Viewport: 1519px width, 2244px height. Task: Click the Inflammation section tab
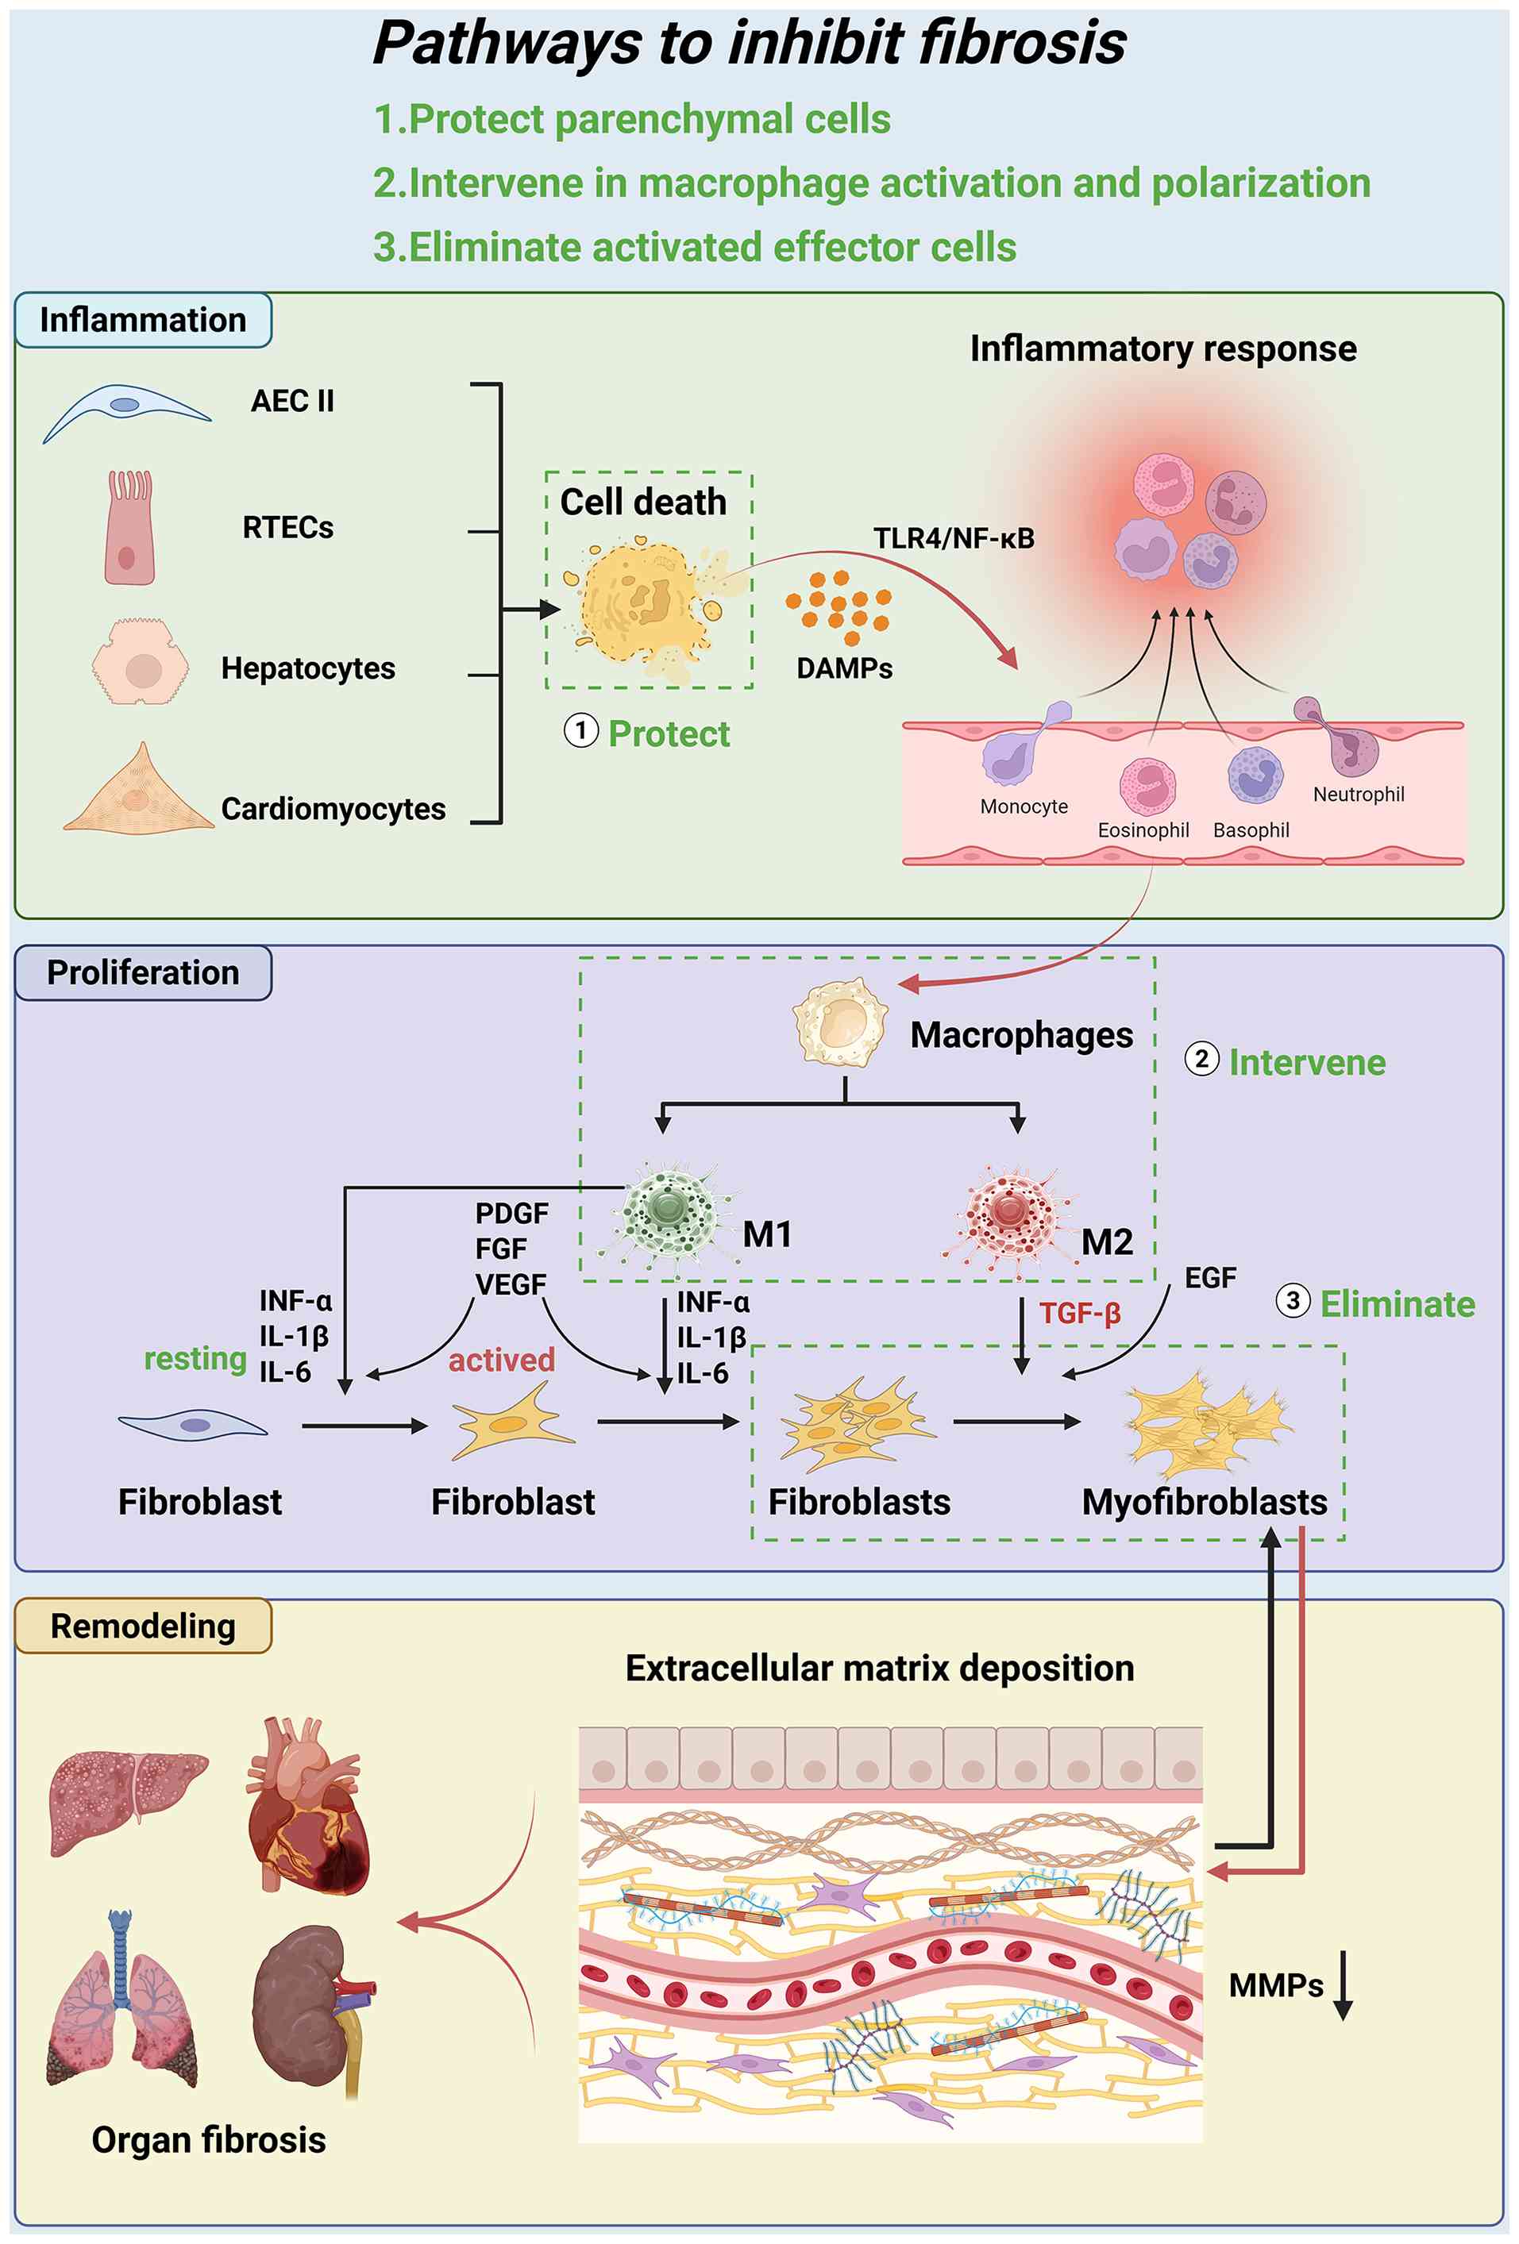coord(143,320)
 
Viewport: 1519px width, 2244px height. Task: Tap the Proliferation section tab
coord(143,972)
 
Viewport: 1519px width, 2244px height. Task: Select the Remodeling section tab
coord(143,1626)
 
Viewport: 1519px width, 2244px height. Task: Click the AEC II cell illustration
coord(125,410)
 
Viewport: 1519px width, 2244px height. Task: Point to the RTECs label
coord(287,527)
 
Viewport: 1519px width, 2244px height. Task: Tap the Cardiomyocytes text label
coord(333,809)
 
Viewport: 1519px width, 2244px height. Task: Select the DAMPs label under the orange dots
coord(844,668)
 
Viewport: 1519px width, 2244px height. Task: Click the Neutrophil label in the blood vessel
coord(1358,795)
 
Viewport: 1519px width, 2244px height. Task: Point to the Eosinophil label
coord(1143,830)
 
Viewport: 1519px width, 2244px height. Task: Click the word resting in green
coord(195,1359)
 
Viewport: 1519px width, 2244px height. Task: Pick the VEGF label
coord(511,1284)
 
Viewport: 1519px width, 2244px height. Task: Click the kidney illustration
coord(311,2008)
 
